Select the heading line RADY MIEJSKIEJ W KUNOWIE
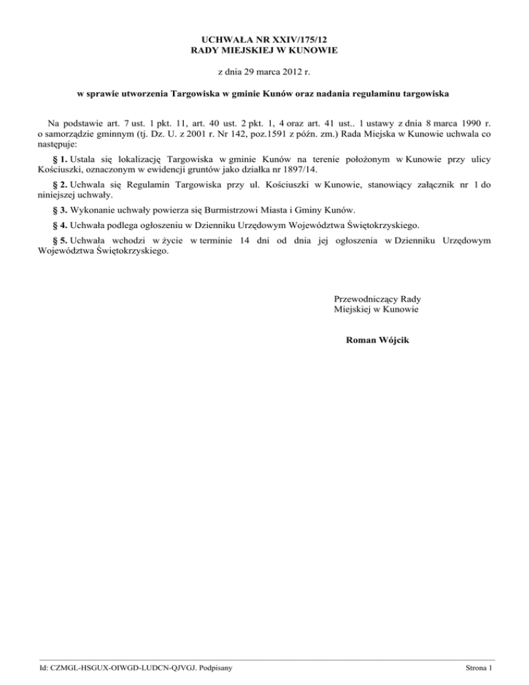pos(264,52)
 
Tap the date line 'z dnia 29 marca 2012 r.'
pos(264,71)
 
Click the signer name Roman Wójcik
pos(381,340)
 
